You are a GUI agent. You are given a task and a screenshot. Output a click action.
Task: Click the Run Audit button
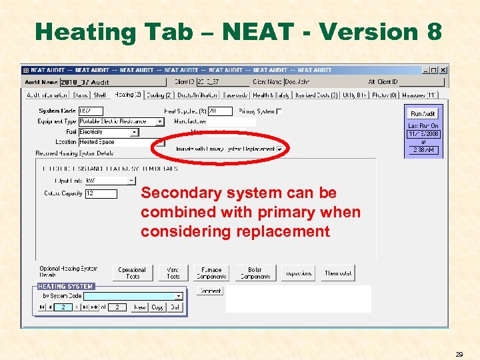(x=423, y=114)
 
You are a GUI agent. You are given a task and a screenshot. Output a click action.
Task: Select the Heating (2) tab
(x=128, y=95)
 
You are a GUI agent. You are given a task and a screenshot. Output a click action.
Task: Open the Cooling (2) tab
(x=159, y=95)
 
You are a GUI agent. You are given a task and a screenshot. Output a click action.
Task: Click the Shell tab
(x=99, y=95)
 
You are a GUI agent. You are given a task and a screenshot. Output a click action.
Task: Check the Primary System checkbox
(x=279, y=111)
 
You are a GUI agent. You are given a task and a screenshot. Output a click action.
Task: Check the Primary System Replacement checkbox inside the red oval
(x=279, y=149)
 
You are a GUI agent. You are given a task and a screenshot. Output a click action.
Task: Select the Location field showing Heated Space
(x=108, y=142)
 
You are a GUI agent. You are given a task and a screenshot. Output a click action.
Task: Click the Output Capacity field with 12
(x=101, y=194)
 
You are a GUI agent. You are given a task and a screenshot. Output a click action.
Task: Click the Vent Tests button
(x=173, y=273)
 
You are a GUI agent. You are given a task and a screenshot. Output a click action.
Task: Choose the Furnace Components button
(x=211, y=273)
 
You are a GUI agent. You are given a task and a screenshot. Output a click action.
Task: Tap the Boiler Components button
(x=255, y=273)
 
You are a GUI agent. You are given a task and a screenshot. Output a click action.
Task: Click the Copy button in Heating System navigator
(x=157, y=307)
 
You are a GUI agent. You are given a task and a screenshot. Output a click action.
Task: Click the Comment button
(x=209, y=291)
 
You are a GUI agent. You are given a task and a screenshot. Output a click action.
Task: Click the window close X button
(x=443, y=70)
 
